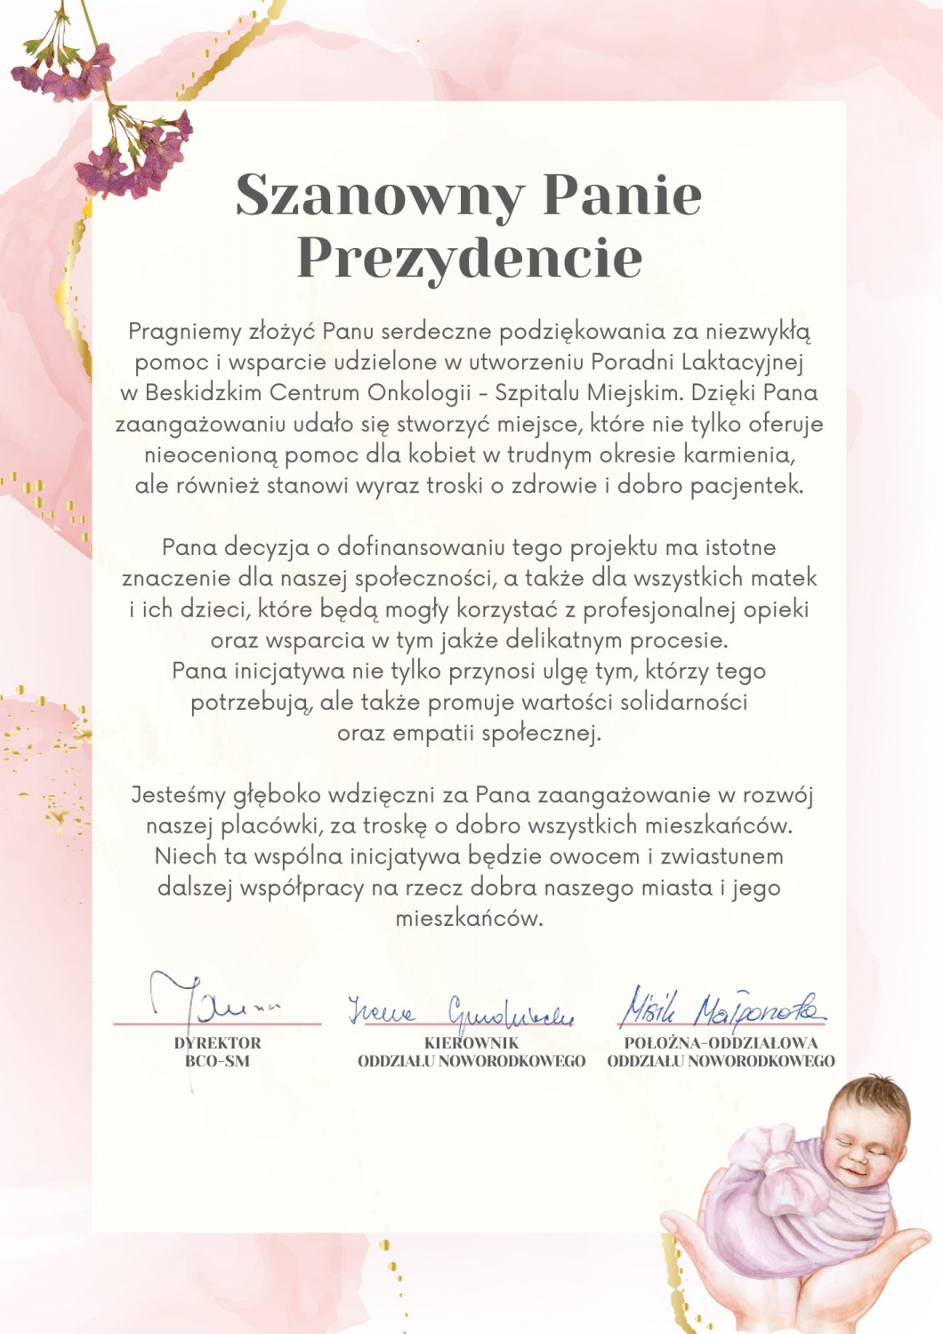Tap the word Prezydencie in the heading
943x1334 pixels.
point(469,258)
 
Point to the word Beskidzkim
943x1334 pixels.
point(203,393)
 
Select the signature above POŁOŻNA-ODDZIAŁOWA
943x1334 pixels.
point(721,1009)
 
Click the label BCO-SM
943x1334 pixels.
point(217,1061)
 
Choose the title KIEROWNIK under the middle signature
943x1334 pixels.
point(471,1043)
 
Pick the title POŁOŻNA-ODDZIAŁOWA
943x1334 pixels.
point(721,1043)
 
